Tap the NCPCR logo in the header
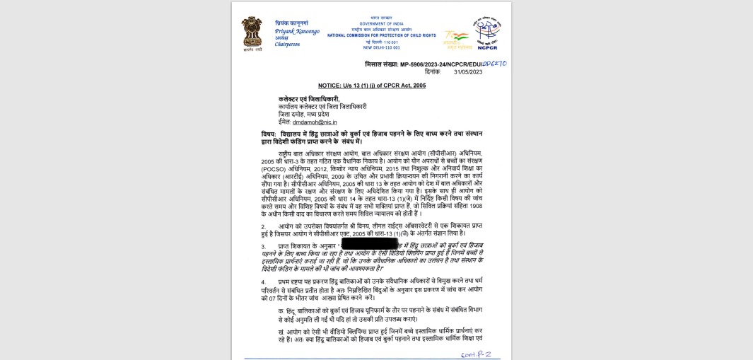(487, 33)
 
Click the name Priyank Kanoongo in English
(297, 31)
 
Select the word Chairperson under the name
(288, 44)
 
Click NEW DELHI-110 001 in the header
(381, 47)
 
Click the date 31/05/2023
(468, 72)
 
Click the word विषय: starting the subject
(269, 134)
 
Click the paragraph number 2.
(263, 226)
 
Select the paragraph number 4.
(263, 281)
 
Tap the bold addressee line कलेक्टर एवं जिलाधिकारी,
(309, 99)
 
